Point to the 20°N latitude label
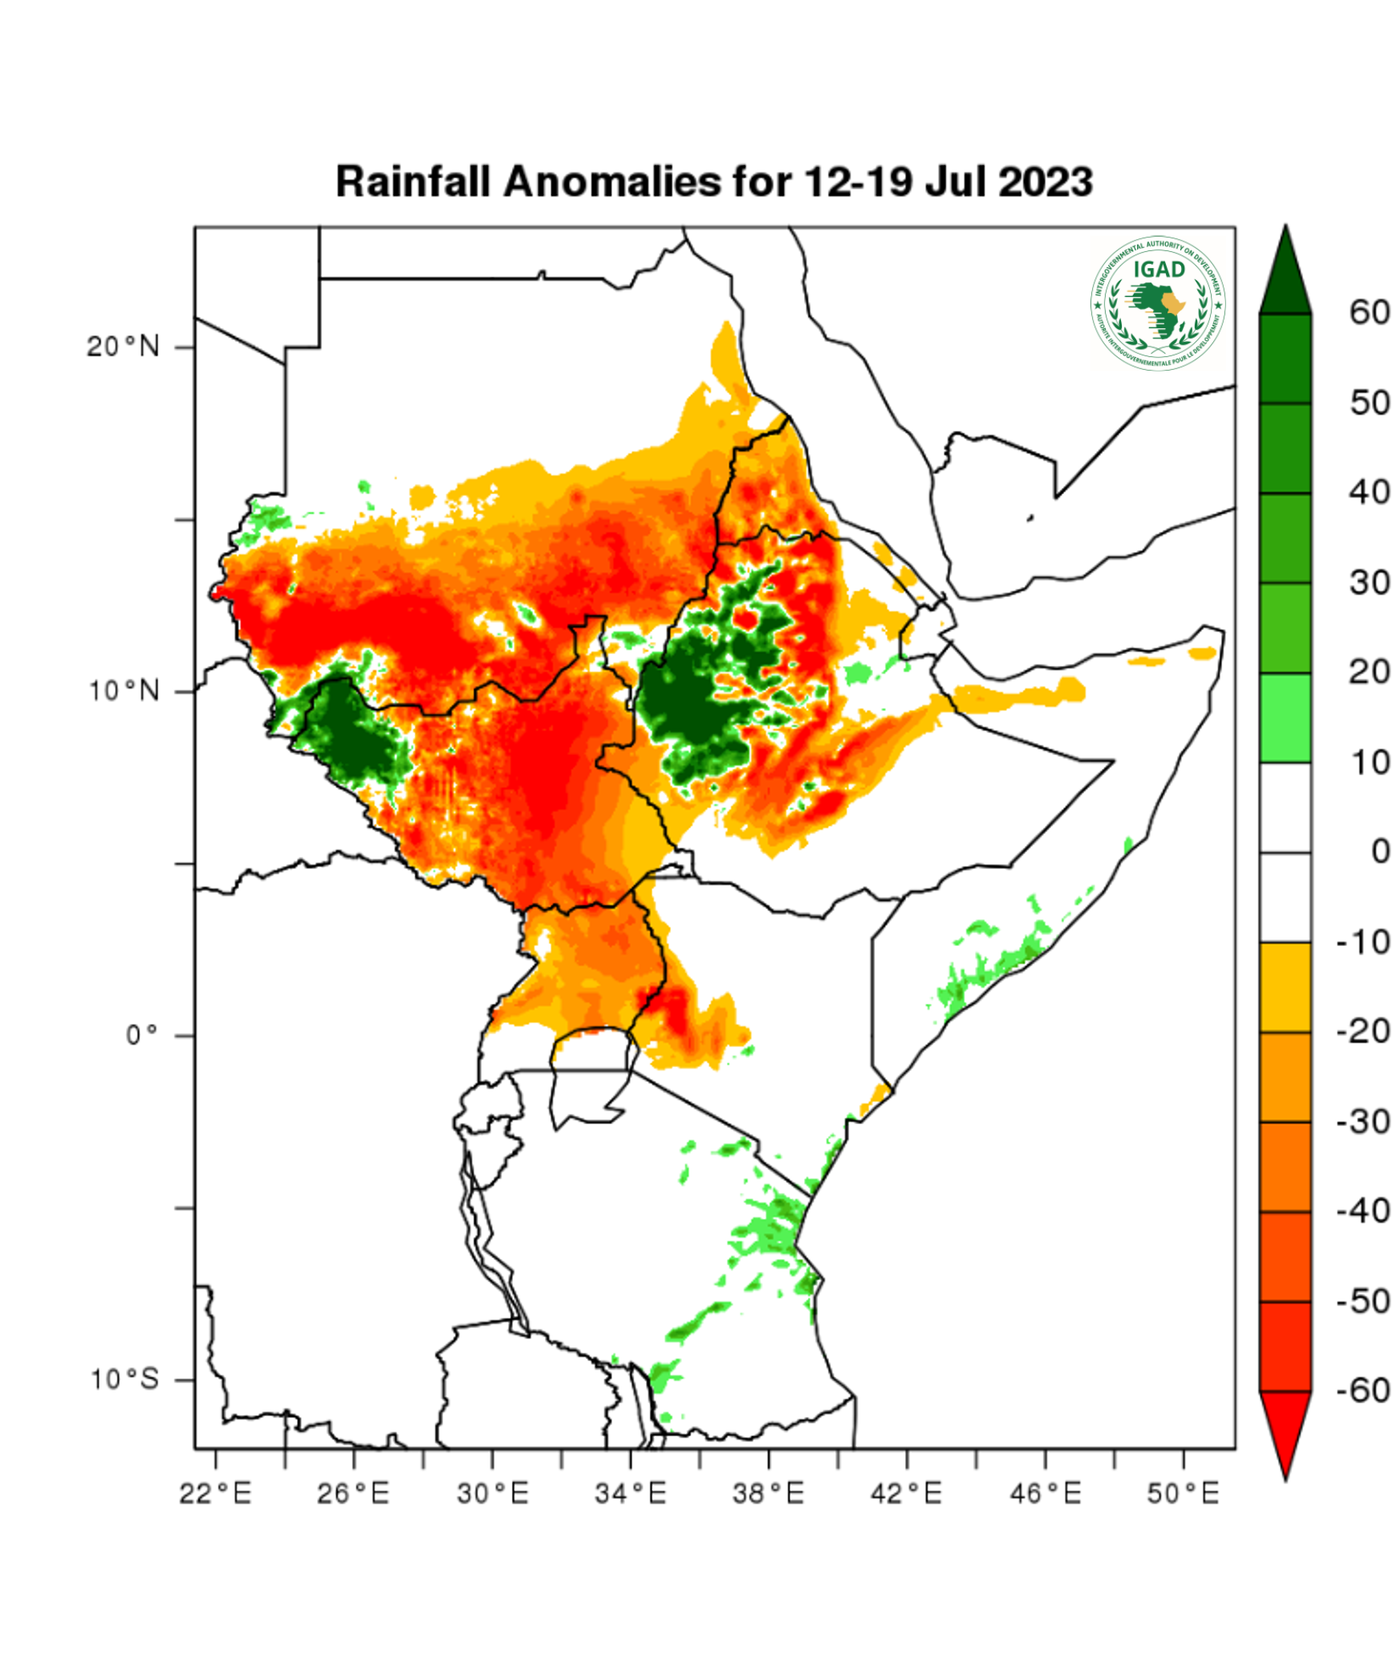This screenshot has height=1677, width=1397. click(124, 347)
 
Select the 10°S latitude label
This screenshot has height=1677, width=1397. click(124, 1379)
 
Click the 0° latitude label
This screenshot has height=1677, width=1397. click(142, 1035)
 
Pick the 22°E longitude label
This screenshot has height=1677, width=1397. click(215, 1494)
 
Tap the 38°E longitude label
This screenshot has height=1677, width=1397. click(768, 1494)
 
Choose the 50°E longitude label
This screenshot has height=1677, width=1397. click(1183, 1494)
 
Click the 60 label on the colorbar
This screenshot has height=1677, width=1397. click(1370, 313)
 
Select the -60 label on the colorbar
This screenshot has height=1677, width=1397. click(1363, 1391)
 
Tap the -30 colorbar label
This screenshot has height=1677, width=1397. click(1363, 1122)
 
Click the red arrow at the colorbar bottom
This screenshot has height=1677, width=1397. click(1285, 1428)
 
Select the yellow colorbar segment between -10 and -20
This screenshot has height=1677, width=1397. click(1285, 987)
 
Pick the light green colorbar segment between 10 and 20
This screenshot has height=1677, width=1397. click(1285, 717)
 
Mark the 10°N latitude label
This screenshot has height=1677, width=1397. click(124, 691)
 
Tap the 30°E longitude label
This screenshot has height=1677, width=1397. click(493, 1494)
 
